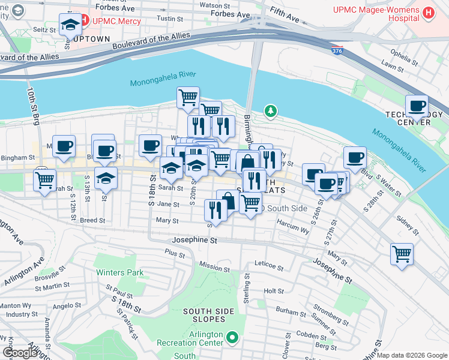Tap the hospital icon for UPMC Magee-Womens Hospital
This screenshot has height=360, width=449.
point(428,13)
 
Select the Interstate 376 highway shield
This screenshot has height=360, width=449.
point(337,51)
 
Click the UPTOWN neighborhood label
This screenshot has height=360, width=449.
point(91,39)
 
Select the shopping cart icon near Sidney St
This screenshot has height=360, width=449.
point(401,253)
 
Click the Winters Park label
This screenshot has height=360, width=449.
point(120,272)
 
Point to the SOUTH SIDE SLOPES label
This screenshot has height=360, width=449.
point(204,315)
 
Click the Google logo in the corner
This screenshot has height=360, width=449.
point(19,353)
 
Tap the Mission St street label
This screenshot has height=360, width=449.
point(214,266)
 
